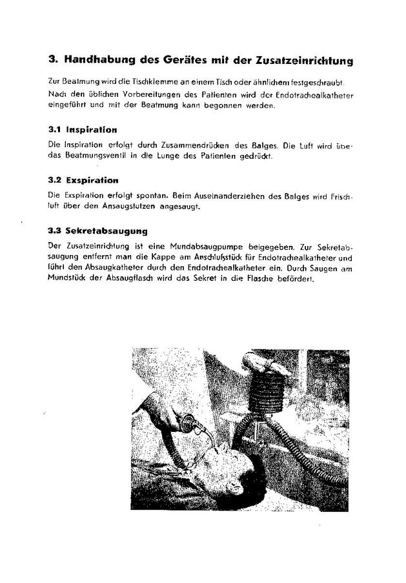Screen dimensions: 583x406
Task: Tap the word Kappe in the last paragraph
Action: pos(155,257)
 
